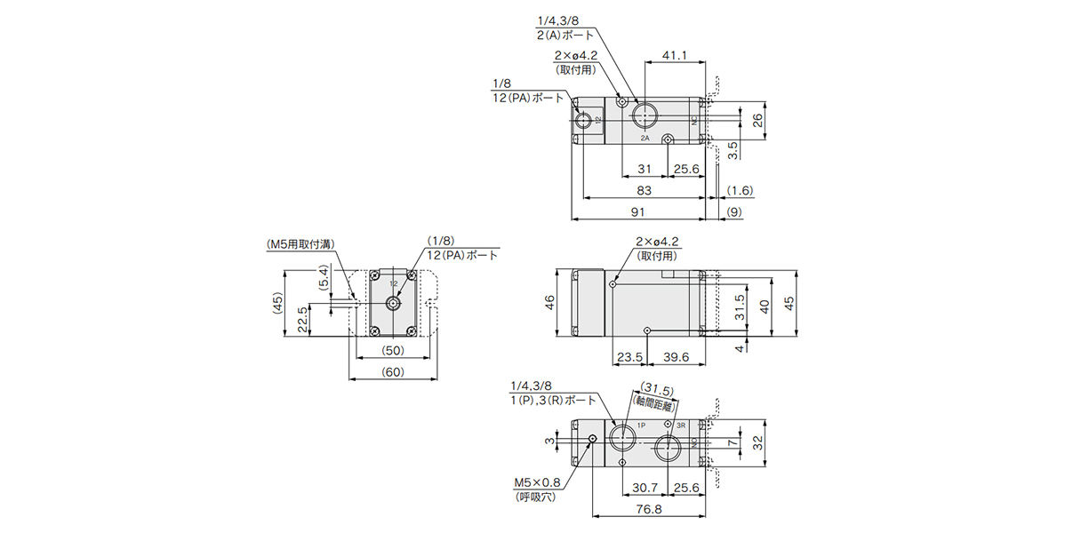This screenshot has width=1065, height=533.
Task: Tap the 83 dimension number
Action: click(645, 190)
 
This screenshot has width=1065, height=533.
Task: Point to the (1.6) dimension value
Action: click(740, 190)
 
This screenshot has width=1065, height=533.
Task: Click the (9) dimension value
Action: click(734, 211)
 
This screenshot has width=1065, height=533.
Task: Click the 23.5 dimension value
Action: click(629, 357)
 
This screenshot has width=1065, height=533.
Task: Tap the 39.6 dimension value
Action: click(676, 357)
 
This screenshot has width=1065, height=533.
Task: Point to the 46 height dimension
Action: click(550, 303)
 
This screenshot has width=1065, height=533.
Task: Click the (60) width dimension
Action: click(392, 372)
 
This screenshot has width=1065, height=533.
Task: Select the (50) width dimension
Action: click(392, 350)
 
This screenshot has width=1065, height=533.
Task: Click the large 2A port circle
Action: click(644, 116)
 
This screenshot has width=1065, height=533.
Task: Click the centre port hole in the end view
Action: click(392, 303)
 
